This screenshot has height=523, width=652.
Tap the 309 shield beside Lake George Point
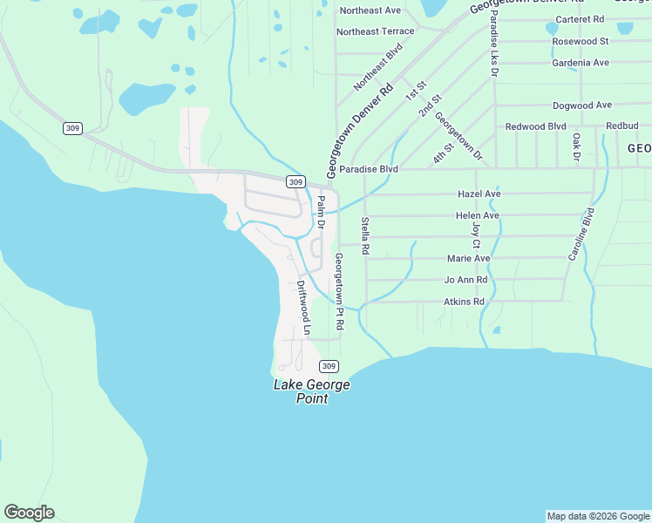pos(328,366)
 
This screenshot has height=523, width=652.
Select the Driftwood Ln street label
pos(303,308)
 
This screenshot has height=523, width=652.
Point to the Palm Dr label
pos(321,213)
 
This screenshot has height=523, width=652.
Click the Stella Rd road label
pos(365,236)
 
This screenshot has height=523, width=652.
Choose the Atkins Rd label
pos(464,302)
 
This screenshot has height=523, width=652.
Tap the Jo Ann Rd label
pos(465,280)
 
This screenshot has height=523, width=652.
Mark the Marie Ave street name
pos(469,258)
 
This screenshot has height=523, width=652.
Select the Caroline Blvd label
pos(581,234)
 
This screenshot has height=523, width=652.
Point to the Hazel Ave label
pos(479,194)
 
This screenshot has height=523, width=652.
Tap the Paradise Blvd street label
pos(369,169)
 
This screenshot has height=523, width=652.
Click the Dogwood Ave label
pos(582,105)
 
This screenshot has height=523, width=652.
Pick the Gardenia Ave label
pos(581,63)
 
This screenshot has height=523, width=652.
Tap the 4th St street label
pos(444,153)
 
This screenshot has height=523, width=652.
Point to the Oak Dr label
pos(576,146)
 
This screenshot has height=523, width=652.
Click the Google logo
pos(29,513)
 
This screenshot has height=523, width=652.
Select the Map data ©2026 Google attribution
pos(598,516)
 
